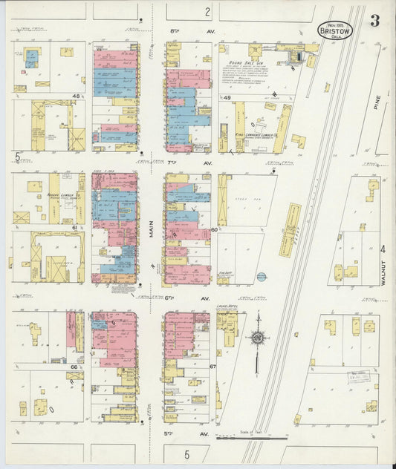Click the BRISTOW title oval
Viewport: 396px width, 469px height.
335,30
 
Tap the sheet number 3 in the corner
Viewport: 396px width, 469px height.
375,21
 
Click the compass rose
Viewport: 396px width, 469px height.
257,338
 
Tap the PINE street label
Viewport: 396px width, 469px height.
377,105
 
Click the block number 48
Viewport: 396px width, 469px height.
77,96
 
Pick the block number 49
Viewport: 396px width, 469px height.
227,97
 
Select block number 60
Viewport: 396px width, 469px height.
215,230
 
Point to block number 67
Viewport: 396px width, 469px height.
213,367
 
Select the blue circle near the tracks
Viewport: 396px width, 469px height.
261,277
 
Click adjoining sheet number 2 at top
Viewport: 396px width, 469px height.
208,12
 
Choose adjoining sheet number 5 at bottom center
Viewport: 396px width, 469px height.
187,453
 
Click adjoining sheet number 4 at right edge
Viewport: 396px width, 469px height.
383,249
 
